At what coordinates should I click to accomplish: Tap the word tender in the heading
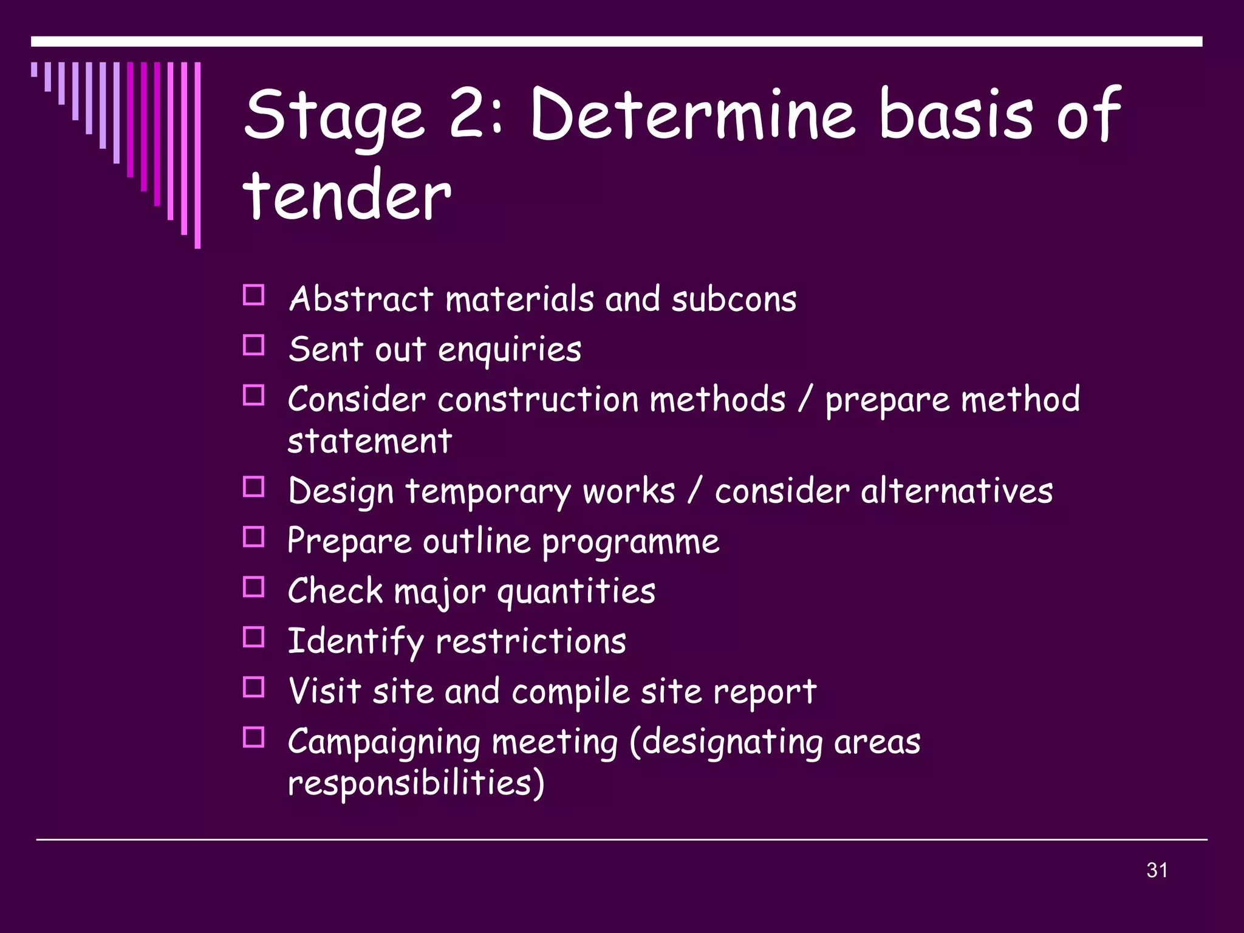tap(347, 196)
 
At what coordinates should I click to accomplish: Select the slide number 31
tap(1157, 870)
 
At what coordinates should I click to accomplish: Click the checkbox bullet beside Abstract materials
tap(253, 296)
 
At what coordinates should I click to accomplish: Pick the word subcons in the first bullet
tap(733, 299)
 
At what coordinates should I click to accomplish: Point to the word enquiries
tap(509, 350)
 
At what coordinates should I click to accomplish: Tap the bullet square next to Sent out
tap(253, 346)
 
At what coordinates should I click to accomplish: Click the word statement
tap(369, 441)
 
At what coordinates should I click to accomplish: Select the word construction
tap(538, 400)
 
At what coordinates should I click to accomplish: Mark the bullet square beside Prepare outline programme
tap(253, 538)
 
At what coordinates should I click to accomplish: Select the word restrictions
tap(531, 642)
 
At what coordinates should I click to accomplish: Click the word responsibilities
tap(415, 783)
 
